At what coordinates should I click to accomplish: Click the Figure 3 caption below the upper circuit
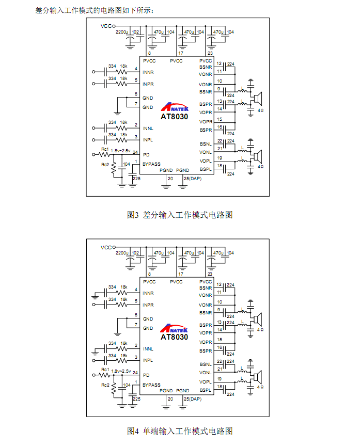pyautogui.click(x=180, y=215)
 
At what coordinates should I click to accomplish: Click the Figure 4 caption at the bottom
pyautogui.click(x=180, y=430)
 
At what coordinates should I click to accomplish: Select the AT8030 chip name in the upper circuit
pyautogui.click(x=175, y=117)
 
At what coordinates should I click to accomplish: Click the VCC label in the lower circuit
pyautogui.click(x=106, y=246)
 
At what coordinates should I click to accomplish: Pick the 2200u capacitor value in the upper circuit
pyautogui.click(x=122, y=32)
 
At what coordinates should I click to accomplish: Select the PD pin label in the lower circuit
pyautogui.click(x=146, y=375)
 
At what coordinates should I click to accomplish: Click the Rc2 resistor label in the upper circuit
pyautogui.click(x=105, y=165)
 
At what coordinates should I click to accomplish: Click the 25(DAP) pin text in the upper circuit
pyautogui.click(x=192, y=178)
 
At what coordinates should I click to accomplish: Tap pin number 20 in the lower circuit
pyautogui.click(x=170, y=399)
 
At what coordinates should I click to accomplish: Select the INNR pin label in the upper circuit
pyautogui.click(x=148, y=72)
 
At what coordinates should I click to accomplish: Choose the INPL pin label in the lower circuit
pyautogui.click(x=148, y=360)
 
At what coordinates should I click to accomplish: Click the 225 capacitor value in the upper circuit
pyautogui.click(x=136, y=179)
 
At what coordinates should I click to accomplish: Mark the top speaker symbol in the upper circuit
pyautogui.click(x=258, y=97)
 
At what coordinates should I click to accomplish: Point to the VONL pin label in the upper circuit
pyautogui.click(x=206, y=152)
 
